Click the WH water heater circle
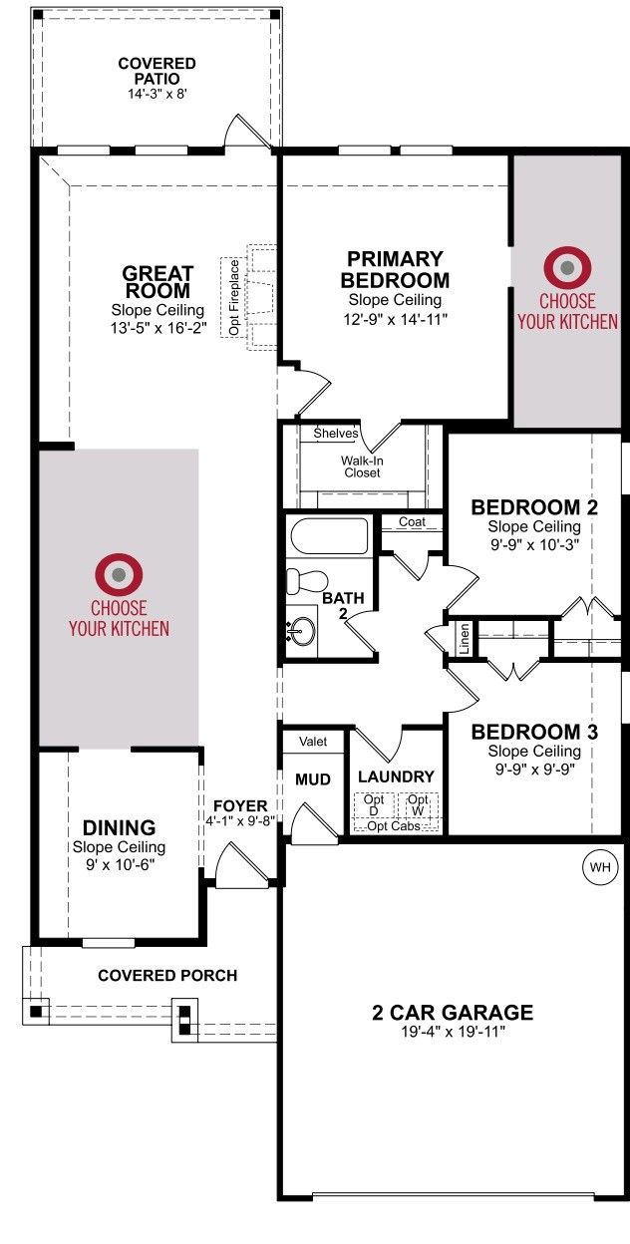point(599,867)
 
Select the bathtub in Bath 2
point(330,536)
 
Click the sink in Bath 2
point(302,632)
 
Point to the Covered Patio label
point(157,71)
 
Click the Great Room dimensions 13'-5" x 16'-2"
point(158,328)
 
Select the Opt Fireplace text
point(234,297)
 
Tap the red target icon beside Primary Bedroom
point(566,268)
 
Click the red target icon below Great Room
point(119,575)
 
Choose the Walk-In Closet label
point(362,466)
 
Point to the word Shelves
point(336,434)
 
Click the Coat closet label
point(412,522)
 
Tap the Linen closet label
point(465,638)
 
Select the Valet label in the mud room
point(313,742)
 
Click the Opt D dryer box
point(374,804)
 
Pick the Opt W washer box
point(418,804)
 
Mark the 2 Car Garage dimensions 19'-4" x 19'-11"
point(453,1032)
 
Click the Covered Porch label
point(167,975)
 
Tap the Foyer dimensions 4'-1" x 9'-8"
point(240,820)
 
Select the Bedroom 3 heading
point(534,732)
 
